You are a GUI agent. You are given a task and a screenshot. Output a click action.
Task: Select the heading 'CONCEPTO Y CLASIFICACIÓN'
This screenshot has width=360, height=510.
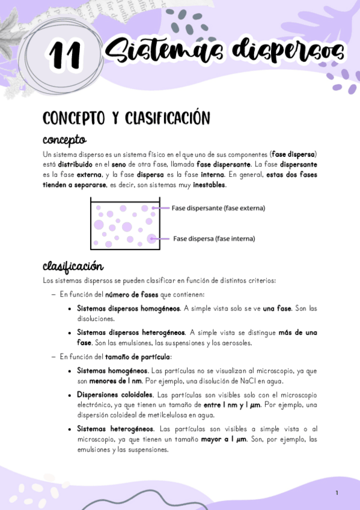click(x=126, y=118)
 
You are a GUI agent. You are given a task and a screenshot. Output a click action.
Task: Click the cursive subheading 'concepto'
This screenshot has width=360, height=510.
click(x=64, y=141)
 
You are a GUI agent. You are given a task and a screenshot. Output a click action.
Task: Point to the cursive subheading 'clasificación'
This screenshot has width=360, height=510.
click(x=73, y=266)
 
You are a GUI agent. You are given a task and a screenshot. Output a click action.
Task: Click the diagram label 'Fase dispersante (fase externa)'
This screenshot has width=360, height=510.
click(x=218, y=208)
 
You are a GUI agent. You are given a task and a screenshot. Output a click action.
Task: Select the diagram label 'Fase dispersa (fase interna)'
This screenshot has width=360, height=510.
click(x=214, y=238)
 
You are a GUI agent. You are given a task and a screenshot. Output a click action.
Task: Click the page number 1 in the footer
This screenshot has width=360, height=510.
click(x=337, y=493)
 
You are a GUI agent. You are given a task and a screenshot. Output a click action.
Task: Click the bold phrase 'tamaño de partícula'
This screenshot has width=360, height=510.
click(x=133, y=357)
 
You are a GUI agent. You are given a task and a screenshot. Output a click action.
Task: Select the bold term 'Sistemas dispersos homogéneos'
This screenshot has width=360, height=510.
click(x=129, y=309)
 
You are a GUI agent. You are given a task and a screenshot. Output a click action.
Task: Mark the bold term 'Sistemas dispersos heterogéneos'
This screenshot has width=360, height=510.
click(x=131, y=333)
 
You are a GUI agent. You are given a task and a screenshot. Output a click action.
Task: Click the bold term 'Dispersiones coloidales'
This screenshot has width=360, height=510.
click(x=115, y=395)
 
